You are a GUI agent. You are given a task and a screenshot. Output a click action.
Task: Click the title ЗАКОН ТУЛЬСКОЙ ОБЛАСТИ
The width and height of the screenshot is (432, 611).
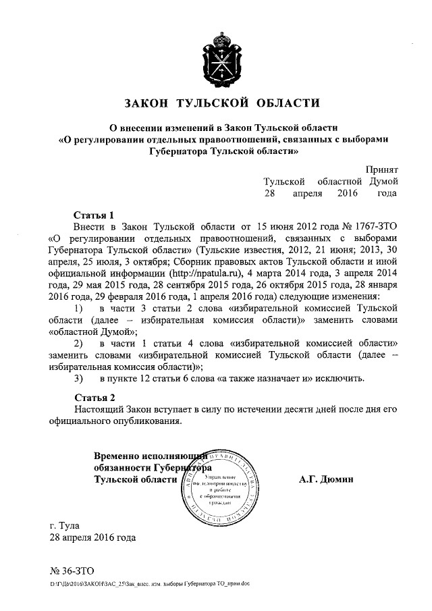coord(222,103)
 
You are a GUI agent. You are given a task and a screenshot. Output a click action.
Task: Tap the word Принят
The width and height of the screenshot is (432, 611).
coord(382,169)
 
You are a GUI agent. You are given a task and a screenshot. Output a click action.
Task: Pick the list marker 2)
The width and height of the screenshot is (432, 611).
coord(78,343)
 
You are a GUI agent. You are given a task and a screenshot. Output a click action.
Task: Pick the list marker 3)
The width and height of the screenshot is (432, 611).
coord(78,377)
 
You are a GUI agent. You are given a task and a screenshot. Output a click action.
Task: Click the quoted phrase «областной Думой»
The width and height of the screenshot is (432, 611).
coord(92,331)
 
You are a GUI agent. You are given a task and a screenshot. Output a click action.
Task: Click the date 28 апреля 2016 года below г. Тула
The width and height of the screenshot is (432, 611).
coord(92,538)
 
